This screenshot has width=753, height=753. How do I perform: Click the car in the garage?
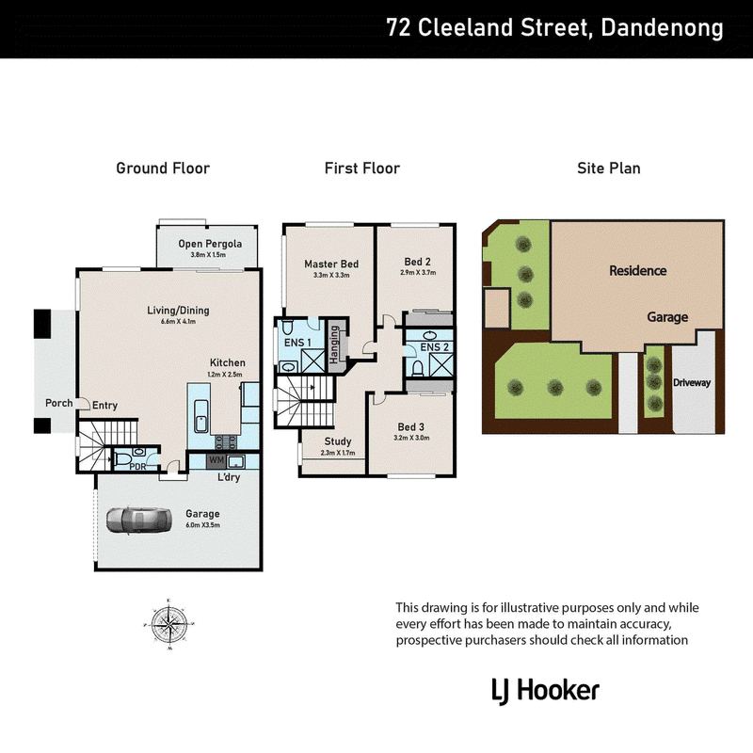click(138, 521)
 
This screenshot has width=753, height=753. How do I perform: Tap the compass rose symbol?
click(169, 624)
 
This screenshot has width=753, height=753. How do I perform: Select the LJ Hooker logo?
click(546, 691)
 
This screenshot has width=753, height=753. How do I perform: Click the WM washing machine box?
click(216, 460)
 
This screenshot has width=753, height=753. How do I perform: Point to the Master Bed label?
click(331, 264)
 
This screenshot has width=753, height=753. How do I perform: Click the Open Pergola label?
click(210, 244)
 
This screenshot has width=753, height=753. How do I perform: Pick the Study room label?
click(338, 441)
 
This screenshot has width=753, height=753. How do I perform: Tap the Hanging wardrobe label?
click(334, 344)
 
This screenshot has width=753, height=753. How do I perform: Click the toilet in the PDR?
click(122, 459)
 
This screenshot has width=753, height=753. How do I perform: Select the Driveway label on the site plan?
click(692, 383)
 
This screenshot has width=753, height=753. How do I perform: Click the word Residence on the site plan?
click(638, 270)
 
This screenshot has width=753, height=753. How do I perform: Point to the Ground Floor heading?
click(163, 168)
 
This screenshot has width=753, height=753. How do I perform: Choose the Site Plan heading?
click(608, 168)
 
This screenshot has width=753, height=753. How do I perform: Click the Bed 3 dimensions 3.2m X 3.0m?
click(411, 438)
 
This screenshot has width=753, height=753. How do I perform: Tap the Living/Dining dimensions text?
click(178, 321)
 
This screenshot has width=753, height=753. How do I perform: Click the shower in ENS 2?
click(441, 364)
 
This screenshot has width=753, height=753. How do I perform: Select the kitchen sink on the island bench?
click(200, 416)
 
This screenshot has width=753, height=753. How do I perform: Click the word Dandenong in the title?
click(662, 27)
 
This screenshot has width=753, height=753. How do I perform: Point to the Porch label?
click(59, 403)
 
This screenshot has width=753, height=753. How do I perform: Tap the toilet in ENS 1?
click(288, 328)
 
